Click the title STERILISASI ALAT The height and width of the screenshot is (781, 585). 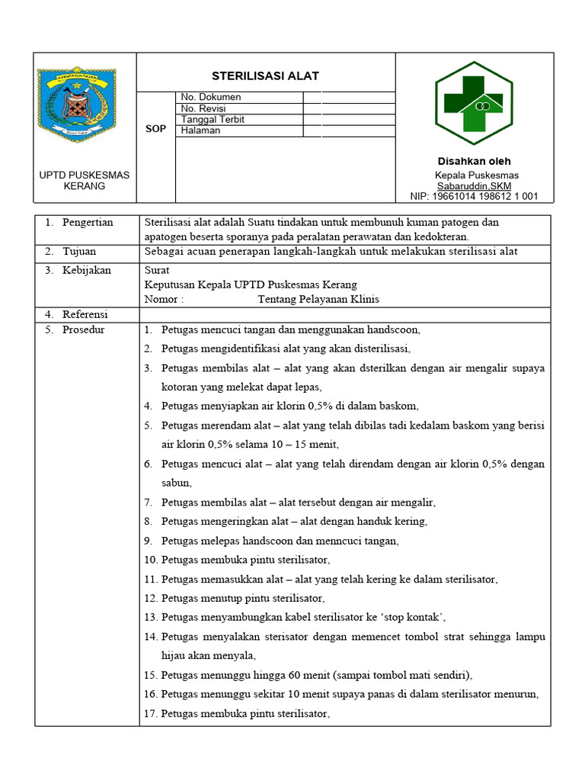coord(265,76)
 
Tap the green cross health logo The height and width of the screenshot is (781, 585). coord(473,102)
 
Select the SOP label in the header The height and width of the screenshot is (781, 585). coord(155,130)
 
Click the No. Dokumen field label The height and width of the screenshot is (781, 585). coord(211,98)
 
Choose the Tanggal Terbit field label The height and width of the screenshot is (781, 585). coord(213,120)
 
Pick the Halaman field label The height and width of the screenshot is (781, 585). coord(200,130)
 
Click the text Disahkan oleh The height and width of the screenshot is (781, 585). coord(474,161)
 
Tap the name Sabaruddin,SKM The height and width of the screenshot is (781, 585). coord(474,185)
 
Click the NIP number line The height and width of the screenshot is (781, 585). coord(474,196)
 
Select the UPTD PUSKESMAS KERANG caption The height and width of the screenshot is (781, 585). coord(85,180)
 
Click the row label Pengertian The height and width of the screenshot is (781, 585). coord(88,223)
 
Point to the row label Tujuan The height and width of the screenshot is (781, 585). coord(79,252)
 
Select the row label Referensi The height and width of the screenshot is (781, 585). coord(85,314)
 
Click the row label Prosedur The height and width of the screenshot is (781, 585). coord(84,330)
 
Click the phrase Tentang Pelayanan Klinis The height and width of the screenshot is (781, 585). coord(318,300)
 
